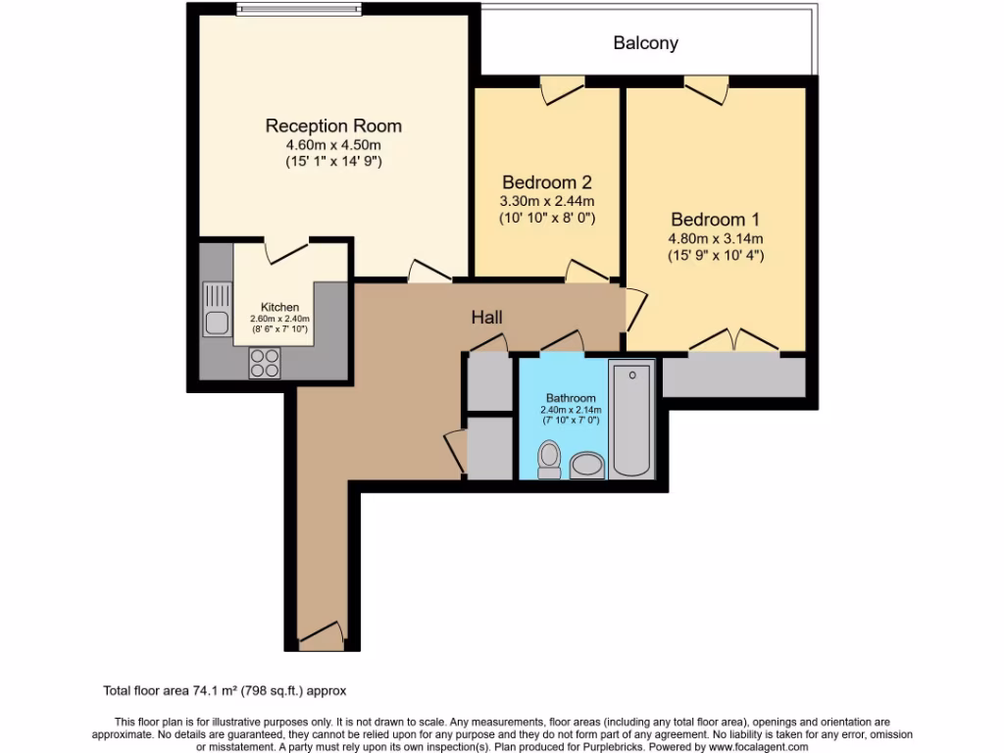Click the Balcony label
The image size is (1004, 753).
click(x=645, y=43)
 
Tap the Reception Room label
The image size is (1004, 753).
click(x=333, y=125)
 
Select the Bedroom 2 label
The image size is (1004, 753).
click(x=546, y=182)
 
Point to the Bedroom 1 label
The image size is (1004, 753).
click(x=715, y=220)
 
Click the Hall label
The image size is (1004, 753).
click(x=486, y=318)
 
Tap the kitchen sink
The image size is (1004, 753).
click(x=217, y=308)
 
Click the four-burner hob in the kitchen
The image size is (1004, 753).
click(x=265, y=364)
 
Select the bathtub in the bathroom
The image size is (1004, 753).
click(x=631, y=419)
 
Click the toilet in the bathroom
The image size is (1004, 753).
click(x=549, y=459)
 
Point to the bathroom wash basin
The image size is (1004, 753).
click(x=588, y=465)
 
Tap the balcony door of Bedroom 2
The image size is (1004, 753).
click(x=563, y=90)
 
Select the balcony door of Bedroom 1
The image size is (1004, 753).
click(x=706, y=90)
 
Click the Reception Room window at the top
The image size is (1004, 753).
click(x=301, y=11)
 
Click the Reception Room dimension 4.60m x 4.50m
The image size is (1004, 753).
click(x=333, y=145)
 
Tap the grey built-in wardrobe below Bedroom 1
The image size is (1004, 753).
click(x=733, y=377)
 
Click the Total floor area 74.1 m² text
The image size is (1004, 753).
click(x=225, y=690)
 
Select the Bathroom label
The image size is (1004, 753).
click(x=571, y=398)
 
